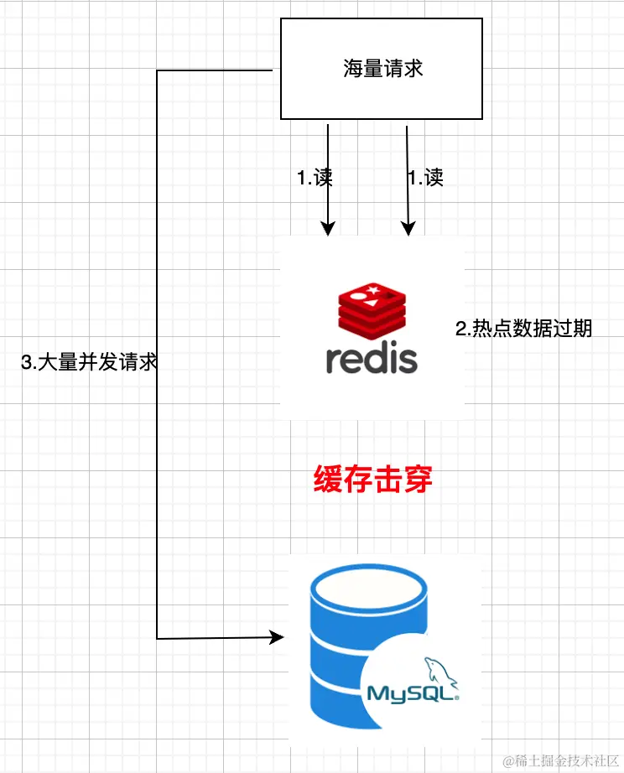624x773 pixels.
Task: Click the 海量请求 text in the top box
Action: pos(382,69)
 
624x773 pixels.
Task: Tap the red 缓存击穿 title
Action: pos(373,480)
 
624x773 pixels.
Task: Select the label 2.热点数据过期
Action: pos(523,329)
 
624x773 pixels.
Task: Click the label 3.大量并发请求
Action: pos(90,362)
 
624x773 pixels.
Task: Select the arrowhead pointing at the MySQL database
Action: pos(277,638)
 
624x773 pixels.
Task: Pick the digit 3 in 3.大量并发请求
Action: pos(26,362)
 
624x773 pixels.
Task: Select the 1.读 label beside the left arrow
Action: pos(315,178)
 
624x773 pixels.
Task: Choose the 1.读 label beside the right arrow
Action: pos(425,178)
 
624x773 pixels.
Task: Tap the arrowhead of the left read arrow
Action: pos(328,228)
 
